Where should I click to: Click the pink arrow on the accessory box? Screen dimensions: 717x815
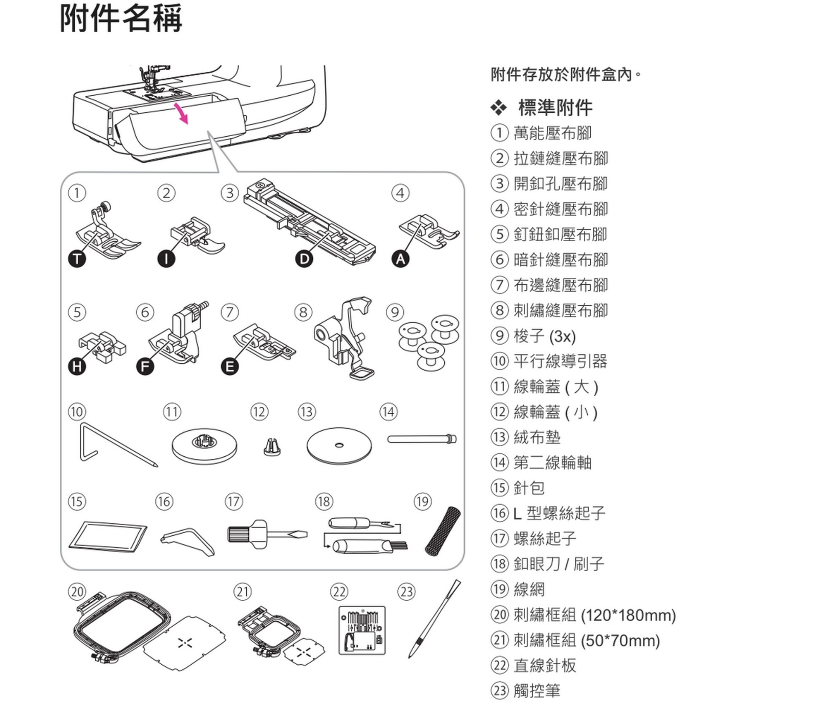pyautogui.click(x=182, y=113)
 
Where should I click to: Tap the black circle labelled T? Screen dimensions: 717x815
pyautogui.click(x=77, y=259)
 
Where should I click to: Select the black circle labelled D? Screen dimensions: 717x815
pyautogui.click(x=304, y=259)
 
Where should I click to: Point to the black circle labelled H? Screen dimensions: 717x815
pyautogui.click(x=77, y=366)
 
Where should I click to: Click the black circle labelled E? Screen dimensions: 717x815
pyautogui.click(x=229, y=366)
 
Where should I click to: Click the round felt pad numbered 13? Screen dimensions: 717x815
pyautogui.click(x=339, y=446)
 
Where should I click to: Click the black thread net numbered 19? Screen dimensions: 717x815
pyautogui.click(x=443, y=531)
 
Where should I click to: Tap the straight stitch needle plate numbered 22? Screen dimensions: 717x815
pyautogui.click(x=362, y=630)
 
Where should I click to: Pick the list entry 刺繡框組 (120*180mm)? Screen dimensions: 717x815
pyautogui.click(x=594, y=615)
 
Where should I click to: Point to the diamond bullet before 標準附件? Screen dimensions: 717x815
pyautogui.click(x=498, y=108)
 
